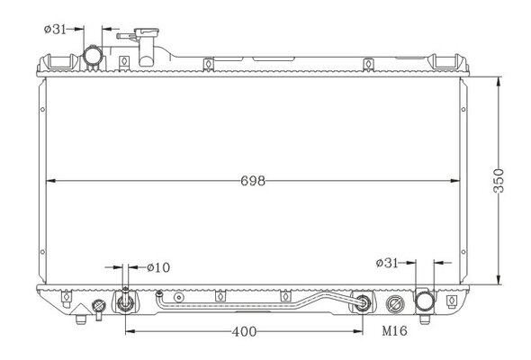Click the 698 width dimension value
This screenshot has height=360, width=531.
[x=253, y=181]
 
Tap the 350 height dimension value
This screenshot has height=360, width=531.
[x=499, y=181]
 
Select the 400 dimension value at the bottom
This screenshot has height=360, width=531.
[x=244, y=331]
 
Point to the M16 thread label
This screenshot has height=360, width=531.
[x=394, y=330]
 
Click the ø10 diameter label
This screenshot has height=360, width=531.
[x=158, y=267]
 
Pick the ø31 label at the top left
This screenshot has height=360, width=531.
[x=55, y=29]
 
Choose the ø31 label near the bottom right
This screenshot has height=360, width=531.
[x=387, y=263]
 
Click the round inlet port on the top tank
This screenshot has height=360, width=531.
[x=93, y=56]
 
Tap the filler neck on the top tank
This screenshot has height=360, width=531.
[x=147, y=47]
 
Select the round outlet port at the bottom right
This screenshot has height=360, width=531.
[x=425, y=301]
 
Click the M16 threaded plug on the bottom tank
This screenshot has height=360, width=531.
[x=395, y=304]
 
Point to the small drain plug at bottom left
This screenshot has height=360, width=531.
[x=99, y=308]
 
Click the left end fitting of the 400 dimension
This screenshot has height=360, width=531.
[x=125, y=301]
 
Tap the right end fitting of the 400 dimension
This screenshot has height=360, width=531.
[x=363, y=301]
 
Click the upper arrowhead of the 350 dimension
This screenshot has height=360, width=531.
[x=499, y=81]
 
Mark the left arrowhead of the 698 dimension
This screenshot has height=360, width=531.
[x=50, y=181]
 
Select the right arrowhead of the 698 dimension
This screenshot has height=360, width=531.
[x=454, y=181]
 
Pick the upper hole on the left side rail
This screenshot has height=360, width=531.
[x=42, y=110]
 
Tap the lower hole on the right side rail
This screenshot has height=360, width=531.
[x=463, y=252]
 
